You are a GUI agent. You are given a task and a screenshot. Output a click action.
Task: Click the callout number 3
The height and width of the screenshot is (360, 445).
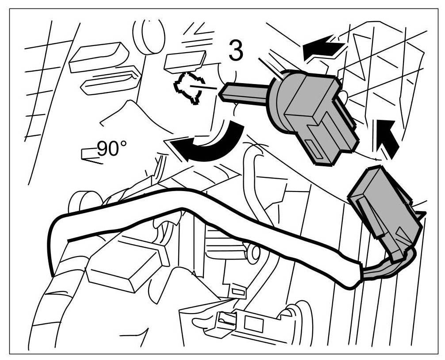point(235,51)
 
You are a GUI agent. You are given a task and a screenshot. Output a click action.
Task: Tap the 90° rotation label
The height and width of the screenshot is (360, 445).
point(108,149)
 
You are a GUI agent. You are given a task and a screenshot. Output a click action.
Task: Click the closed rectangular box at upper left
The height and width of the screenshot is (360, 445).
point(98,56)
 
